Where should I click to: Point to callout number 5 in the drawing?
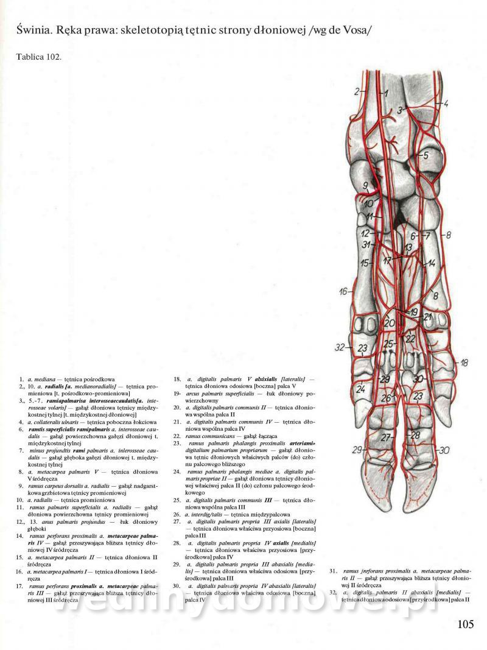426,155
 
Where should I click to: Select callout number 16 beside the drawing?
343,291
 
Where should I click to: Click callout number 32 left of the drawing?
340,348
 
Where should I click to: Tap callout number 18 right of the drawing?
464,363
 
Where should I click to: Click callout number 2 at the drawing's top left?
357,92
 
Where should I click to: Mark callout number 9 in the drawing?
365,185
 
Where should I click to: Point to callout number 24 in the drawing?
360,388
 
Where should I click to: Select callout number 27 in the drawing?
385,437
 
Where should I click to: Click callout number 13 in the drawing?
408,247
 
